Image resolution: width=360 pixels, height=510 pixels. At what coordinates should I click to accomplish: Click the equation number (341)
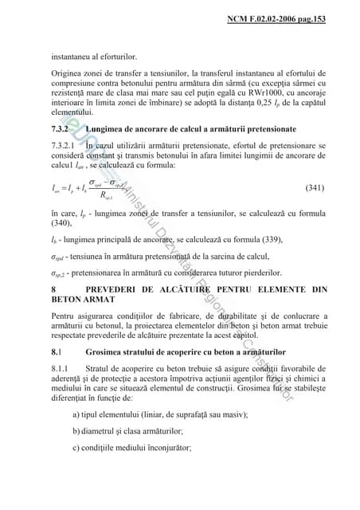(x=315, y=188)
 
